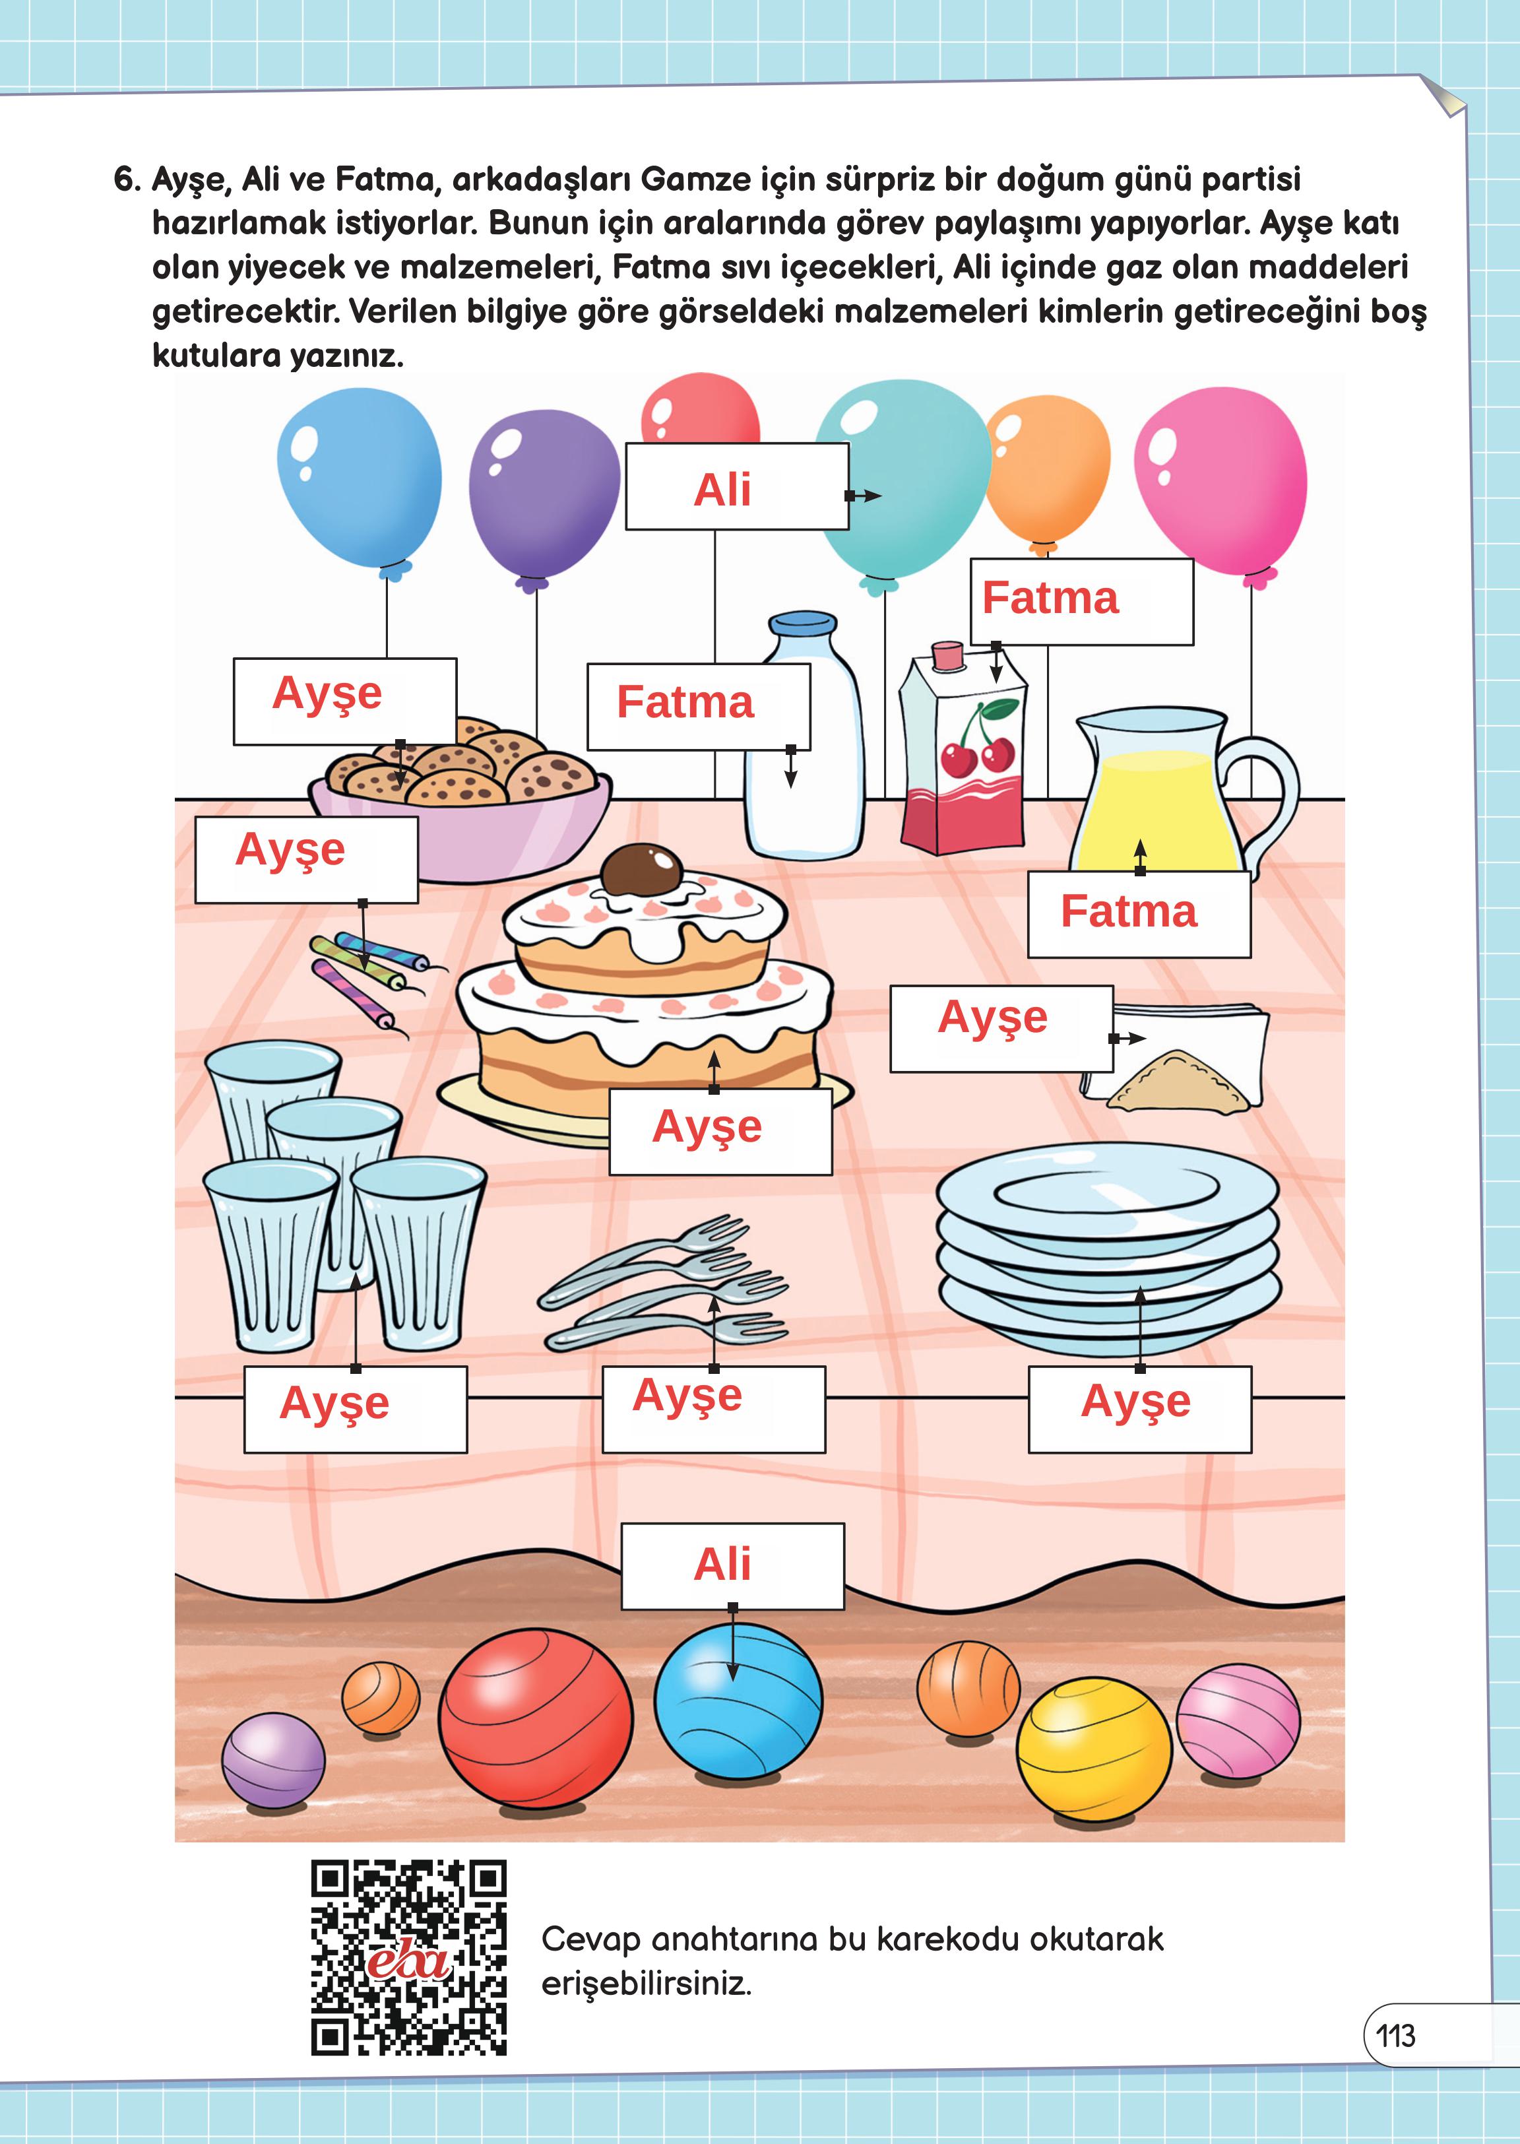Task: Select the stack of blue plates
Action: click(1108, 1249)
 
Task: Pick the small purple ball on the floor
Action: click(273, 1760)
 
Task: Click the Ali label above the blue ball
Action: click(733, 1565)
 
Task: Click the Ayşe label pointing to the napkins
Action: click(1001, 1028)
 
